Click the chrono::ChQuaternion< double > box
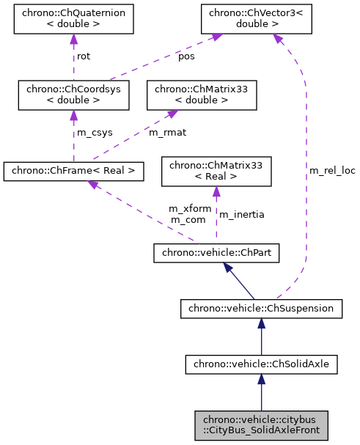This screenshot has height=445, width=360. point(74,21)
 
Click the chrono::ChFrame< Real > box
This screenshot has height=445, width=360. point(73,172)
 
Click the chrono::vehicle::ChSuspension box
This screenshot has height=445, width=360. point(261,309)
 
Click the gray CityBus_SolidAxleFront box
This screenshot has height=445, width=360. point(261,424)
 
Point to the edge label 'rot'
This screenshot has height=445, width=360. point(84,56)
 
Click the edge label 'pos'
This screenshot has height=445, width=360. point(187,56)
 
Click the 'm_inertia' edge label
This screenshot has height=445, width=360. point(242,214)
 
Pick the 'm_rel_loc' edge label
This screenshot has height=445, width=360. point(332,171)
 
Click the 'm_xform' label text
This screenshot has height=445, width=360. point(190,209)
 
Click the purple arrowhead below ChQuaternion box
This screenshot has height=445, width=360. point(74,41)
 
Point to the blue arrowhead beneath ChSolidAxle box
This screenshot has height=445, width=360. point(261,379)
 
